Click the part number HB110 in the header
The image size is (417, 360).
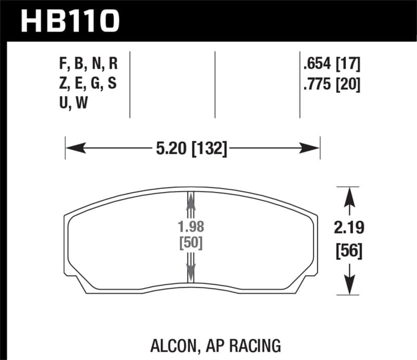[x=70, y=21]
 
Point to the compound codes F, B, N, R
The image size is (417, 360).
[x=89, y=65]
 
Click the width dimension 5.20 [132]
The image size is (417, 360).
[x=191, y=150]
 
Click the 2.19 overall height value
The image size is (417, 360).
[x=348, y=228]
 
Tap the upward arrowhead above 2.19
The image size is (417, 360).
[x=348, y=195]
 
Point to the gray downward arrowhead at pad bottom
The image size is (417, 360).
[x=190, y=272]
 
